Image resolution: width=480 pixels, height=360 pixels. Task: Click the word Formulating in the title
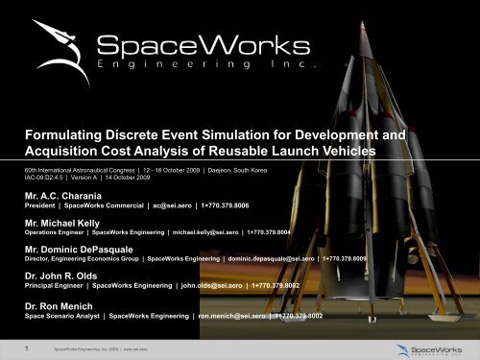[x=66, y=135]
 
